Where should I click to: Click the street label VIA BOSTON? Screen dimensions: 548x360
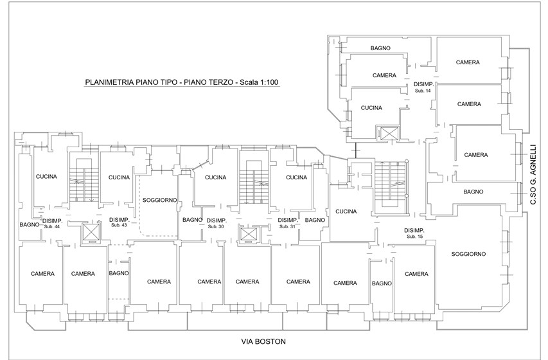(x=263, y=341)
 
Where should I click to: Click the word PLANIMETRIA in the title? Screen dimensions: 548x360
(x=109, y=82)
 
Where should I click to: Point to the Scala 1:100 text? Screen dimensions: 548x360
(x=259, y=82)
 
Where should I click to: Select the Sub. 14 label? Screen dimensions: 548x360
(x=423, y=91)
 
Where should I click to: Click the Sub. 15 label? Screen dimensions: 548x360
(x=415, y=237)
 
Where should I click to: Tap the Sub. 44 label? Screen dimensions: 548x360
(x=52, y=227)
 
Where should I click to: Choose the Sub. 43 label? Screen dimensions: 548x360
(x=119, y=225)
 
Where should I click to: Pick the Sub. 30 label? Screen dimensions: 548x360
(x=216, y=227)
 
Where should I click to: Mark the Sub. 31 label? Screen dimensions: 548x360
(x=287, y=227)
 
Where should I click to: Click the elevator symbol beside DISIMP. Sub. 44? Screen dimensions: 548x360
(x=90, y=232)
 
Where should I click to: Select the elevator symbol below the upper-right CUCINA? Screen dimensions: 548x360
(x=387, y=133)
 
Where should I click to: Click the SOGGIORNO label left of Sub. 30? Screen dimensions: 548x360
(x=160, y=201)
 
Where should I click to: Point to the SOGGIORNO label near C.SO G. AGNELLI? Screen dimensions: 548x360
(x=468, y=254)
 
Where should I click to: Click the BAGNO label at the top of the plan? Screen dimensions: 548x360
(x=380, y=48)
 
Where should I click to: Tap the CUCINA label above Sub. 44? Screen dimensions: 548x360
(x=46, y=177)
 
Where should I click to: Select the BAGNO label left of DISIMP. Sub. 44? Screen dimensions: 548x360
(x=30, y=224)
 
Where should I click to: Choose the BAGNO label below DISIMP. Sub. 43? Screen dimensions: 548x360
(x=119, y=273)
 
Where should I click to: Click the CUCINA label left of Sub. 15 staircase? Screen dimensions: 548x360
(x=346, y=212)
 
